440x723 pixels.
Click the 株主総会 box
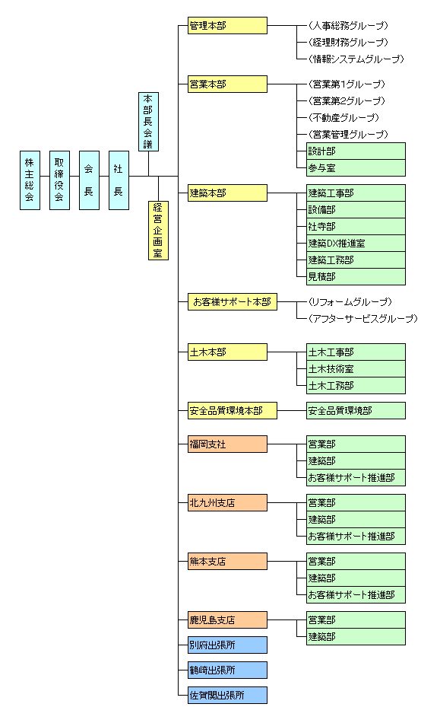(30, 180)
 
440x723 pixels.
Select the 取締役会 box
(59, 180)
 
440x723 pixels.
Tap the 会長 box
(89, 180)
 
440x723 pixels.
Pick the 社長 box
(119, 180)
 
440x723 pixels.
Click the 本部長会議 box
(148, 122)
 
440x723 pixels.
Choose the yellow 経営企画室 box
(158, 231)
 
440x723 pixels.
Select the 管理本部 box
(227, 25)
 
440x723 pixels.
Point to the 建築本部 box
(227, 193)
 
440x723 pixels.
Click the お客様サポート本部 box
(233, 301)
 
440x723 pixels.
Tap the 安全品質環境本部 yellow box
(233, 410)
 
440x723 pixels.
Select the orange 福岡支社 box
(227, 444)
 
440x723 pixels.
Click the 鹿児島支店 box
(227, 619)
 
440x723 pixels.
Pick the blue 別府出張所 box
(227, 645)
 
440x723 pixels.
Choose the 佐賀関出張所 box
(227, 696)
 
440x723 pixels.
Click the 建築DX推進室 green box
(356, 243)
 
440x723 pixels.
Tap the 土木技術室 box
(356, 369)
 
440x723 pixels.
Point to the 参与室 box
(356, 168)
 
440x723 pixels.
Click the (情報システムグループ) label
(356, 59)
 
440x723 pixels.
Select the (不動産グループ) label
(343, 117)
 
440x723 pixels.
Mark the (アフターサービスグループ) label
(363, 319)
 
